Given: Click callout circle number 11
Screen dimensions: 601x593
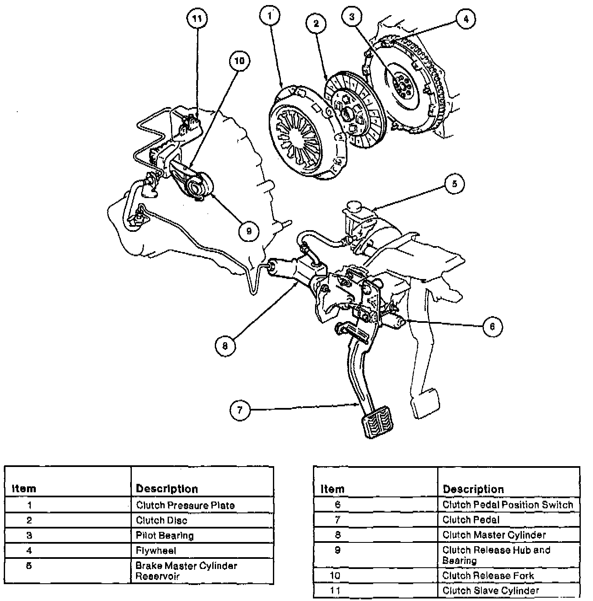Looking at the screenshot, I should pyautogui.click(x=198, y=18).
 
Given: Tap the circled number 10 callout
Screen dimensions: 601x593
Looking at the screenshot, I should pyautogui.click(x=239, y=61).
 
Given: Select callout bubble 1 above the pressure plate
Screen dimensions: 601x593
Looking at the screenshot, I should pyautogui.click(x=270, y=16).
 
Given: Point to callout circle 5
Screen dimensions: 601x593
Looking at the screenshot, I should pyautogui.click(x=454, y=184).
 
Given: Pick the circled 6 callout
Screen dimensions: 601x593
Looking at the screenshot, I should pyautogui.click(x=492, y=326).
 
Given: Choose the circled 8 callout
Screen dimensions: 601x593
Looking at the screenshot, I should pyautogui.click(x=225, y=346).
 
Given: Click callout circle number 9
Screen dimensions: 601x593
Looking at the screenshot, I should pyautogui.click(x=248, y=231).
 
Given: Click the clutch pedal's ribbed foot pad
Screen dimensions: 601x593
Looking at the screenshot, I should pyautogui.click(x=376, y=422).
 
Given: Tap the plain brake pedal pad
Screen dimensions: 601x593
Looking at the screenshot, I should pyautogui.click(x=424, y=402).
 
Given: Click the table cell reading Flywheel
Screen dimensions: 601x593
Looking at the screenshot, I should pyautogui.click(x=156, y=550).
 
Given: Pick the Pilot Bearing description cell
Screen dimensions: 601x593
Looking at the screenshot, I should pyautogui.click(x=165, y=535).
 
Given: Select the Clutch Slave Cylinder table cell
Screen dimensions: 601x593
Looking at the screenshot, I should pyautogui.click(x=491, y=590).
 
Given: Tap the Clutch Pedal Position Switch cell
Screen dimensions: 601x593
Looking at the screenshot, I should pyautogui.click(x=508, y=504).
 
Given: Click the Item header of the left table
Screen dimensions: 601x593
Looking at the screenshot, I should pyautogui.click(x=24, y=488).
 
